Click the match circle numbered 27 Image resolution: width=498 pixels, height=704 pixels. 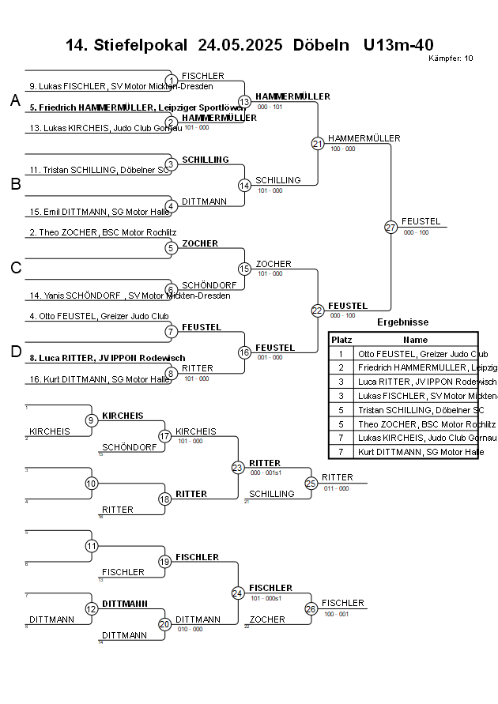[x=390, y=228]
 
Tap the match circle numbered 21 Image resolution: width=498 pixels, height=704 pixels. [x=318, y=144]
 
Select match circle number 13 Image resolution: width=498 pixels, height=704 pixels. [x=245, y=102]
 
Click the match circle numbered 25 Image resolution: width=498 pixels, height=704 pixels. [x=311, y=483]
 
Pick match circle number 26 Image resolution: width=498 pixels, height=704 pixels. [x=311, y=608]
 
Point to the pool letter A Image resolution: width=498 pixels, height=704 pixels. [x=15, y=100]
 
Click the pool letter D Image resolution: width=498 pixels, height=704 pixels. [x=15, y=352]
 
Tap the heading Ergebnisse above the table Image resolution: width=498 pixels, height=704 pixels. [x=402, y=322]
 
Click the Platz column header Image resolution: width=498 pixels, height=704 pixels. [x=341, y=339]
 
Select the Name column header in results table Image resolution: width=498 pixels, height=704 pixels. [x=415, y=339]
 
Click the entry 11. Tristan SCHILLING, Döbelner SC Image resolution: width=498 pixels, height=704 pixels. [x=99, y=170]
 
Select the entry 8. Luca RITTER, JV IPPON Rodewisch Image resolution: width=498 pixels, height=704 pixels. [x=107, y=358]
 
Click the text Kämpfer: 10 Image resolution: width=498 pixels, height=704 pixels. [x=451, y=58]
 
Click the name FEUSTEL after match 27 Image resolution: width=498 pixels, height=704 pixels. [x=421, y=221]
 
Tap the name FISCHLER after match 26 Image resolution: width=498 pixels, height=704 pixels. [x=342, y=603]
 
